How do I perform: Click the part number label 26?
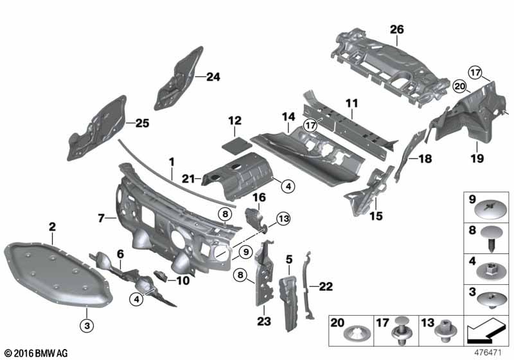[x=397, y=28]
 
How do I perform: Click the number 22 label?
[x=326, y=287]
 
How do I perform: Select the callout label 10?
[x=182, y=280]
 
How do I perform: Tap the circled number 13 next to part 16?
[x=283, y=220]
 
